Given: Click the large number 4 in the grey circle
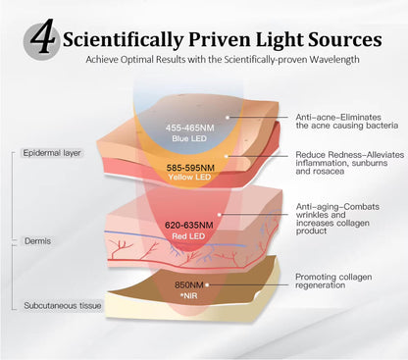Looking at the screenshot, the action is click(x=42, y=36).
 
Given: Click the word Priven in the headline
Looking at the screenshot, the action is click(x=220, y=39).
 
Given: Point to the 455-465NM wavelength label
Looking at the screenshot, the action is click(x=189, y=128).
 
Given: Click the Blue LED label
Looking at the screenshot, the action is click(x=189, y=138).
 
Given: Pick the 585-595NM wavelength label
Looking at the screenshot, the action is click(x=190, y=168).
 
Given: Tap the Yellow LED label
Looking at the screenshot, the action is click(x=189, y=177).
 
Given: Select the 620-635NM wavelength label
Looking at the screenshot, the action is click(x=189, y=225).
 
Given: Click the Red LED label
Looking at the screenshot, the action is click(x=188, y=236).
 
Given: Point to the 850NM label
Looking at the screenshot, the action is click(x=189, y=284).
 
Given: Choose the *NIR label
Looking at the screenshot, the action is click(x=188, y=296).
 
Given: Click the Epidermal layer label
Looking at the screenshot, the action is click(x=52, y=153).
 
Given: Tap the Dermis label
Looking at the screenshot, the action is click(x=37, y=241).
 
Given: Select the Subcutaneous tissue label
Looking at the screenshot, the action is click(x=63, y=306).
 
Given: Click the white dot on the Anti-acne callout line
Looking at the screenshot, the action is click(x=227, y=117).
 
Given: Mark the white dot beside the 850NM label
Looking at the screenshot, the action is click(x=207, y=284).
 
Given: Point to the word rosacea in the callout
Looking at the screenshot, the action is click(x=329, y=171).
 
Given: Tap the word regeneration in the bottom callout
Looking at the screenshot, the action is click(x=320, y=285).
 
